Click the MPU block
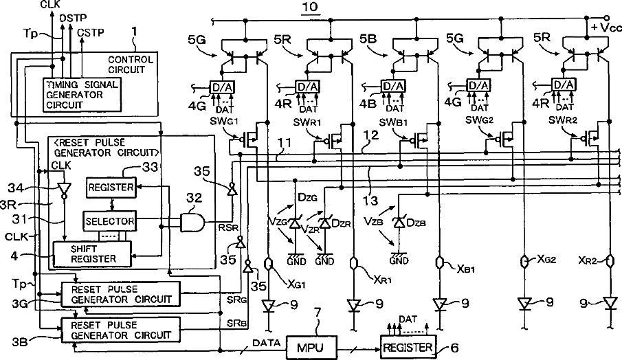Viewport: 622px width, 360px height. [311, 348]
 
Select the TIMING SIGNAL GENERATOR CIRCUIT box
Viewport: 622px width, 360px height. [82, 94]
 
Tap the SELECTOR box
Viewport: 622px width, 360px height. [109, 221]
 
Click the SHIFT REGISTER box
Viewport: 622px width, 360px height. [92, 254]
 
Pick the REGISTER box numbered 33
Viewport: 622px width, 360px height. [111, 188]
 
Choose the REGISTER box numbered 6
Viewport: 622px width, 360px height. [408, 348]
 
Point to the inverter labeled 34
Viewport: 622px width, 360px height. [63, 190]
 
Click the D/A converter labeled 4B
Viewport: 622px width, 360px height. [392, 86]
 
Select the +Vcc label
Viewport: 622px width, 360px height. [606, 27]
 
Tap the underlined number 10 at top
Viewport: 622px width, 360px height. [310, 7]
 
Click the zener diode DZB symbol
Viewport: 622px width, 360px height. [399, 223]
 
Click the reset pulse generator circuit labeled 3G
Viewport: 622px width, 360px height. [120, 294]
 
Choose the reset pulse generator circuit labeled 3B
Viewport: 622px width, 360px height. [120, 330]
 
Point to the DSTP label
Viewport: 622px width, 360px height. [73, 19]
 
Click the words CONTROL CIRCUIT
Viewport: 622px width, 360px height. [131, 65]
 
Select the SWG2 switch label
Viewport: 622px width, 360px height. [480, 120]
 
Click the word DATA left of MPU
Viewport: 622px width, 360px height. [266, 343]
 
